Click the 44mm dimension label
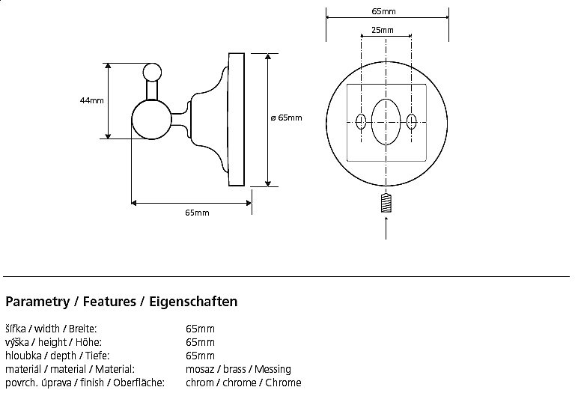(x=92, y=100)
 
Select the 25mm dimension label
(x=382, y=30)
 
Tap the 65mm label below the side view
(x=197, y=213)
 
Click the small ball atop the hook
(x=152, y=73)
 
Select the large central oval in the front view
(x=386, y=121)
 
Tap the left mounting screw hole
(x=362, y=121)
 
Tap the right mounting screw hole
(x=411, y=121)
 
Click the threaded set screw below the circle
(x=386, y=202)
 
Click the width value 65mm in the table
(x=200, y=329)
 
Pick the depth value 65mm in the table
(x=200, y=356)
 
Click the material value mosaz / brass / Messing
(x=238, y=369)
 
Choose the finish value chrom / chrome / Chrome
(x=243, y=383)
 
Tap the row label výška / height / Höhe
(x=48, y=342)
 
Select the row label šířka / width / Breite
(x=51, y=329)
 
